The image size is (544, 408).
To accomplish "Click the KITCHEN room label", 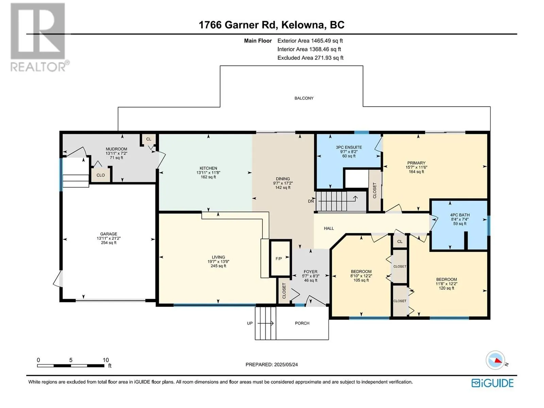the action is (x=208, y=168).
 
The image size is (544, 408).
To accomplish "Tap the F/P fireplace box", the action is (x=280, y=258).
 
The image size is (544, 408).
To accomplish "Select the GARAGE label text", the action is (x=108, y=234).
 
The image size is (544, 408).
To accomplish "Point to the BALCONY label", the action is (x=304, y=98).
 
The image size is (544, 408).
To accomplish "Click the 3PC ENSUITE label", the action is (x=349, y=147).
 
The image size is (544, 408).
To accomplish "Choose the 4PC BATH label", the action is (x=460, y=215).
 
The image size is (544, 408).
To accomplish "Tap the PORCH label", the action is (x=302, y=323).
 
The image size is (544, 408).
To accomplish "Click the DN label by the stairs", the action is (x=311, y=201).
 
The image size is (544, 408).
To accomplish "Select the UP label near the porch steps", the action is (x=250, y=323).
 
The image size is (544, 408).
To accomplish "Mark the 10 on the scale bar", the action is (x=106, y=360).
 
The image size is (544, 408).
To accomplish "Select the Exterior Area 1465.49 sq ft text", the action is (x=310, y=40).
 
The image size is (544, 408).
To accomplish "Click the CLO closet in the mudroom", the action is (x=101, y=175).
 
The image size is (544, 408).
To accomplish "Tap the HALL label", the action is (x=329, y=228).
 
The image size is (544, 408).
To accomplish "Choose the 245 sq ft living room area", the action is (x=218, y=266).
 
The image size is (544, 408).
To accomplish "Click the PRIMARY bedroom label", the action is (x=417, y=163).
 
